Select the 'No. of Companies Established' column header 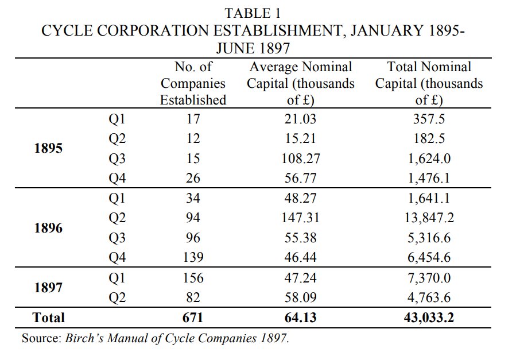[x=193, y=83]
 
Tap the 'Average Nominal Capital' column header [x=300, y=83]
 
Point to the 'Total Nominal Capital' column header [x=429, y=83]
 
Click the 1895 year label [x=48, y=149]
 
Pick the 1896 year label [x=48, y=228]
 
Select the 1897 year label [x=48, y=288]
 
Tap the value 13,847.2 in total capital [x=429, y=218]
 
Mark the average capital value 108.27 [x=300, y=158]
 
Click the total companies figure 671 [x=193, y=318]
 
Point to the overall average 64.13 [x=300, y=318]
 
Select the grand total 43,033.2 [x=429, y=318]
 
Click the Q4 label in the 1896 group [x=117, y=258]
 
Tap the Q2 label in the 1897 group [x=117, y=297]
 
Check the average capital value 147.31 [x=300, y=218]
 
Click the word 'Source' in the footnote [x=40, y=338]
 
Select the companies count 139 [x=193, y=258]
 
